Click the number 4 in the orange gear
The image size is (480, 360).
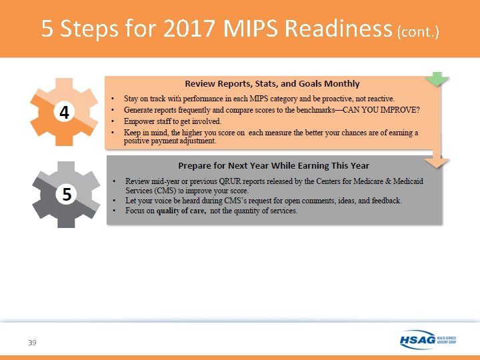pyautogui.click(x=64, y=113)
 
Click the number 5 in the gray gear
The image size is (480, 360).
pyautogui.click(x=67, y=194)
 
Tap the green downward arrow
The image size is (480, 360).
pyautogui.click(x=437, y=79)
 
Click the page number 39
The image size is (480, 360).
pyautogui.click(x=32, y=343)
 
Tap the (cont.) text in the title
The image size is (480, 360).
pyautogui.click(x=418, y=31)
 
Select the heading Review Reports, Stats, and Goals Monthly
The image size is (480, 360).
pyautogui.click(x=272, y=84)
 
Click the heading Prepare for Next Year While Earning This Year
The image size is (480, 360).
pyautogui.click(x=273, y=165)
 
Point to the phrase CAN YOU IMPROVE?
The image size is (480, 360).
pyautogui.click(x=384, y=110)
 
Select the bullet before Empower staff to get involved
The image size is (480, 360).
pyautogui.click(x=115, y=121)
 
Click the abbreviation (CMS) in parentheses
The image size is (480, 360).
pyautogui.click(x=163, y=189)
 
